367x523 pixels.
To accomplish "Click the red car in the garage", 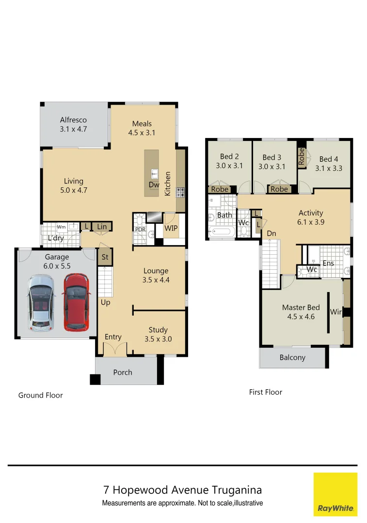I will [x=75, y=302].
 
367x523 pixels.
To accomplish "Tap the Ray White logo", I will [x=335, y=494].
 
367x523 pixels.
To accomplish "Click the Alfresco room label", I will [x=73, y=120].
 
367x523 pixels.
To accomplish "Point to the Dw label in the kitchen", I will [x=154, y=185].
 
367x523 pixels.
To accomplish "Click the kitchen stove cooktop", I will [x=180, y=192].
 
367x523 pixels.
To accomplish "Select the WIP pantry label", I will [x=171, y=228].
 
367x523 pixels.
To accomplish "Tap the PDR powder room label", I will [x=140, y=229].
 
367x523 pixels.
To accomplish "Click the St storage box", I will [x=105, y=257].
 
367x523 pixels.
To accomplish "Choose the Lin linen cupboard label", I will [x=102, y=226].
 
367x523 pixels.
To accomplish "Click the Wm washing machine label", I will [x=62, y=227].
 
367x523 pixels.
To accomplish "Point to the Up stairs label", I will [x=105, y=302].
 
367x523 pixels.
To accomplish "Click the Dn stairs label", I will [x=271, y=233].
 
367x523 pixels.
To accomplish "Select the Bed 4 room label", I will [x=329, y=159].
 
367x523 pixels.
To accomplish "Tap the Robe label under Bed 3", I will [x=279, y=189].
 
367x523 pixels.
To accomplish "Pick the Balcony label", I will [x=292, y=357].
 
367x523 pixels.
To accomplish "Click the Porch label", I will [x=123, y=372].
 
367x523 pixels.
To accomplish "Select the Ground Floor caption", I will [x=41, y=395].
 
